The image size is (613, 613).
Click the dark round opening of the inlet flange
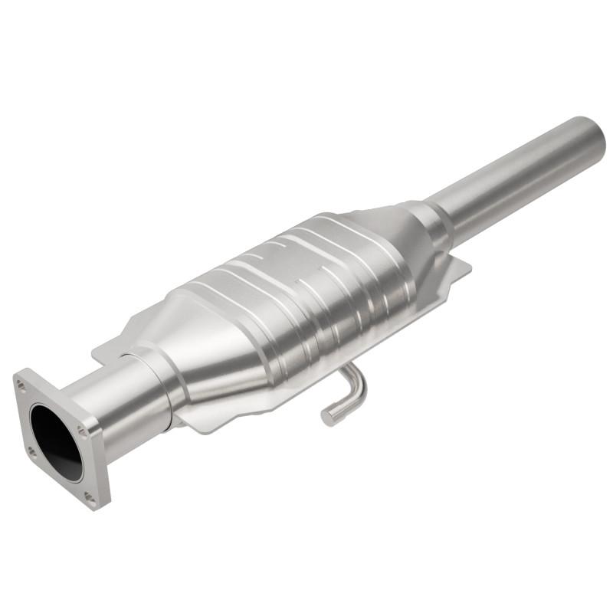pos(56,442)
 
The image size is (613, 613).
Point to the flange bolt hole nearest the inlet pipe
pos(81,431)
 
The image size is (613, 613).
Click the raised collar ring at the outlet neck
pos(438,218)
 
